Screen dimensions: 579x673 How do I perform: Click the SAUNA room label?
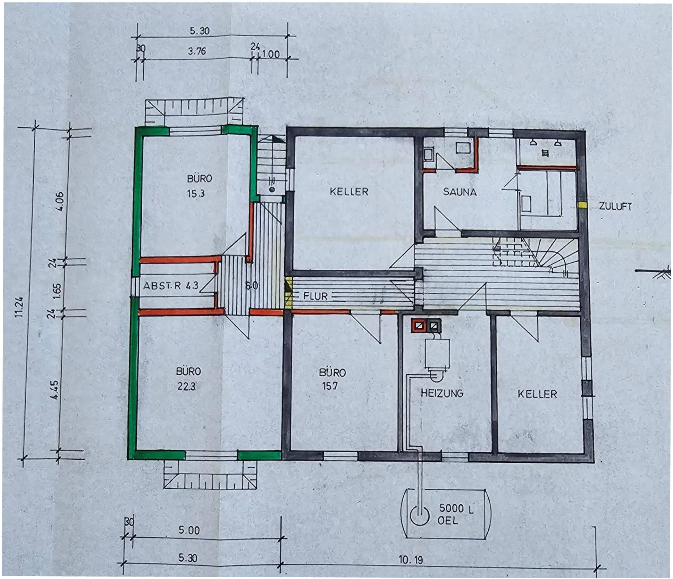(460, 192)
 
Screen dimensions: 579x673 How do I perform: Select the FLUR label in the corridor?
(315, 296)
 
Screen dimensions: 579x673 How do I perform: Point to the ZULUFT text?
(615, 206)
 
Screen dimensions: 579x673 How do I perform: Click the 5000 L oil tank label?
(456, 509)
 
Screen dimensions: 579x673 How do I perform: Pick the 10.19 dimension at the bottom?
(411, 560)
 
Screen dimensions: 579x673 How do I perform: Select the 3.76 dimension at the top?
(197, 51)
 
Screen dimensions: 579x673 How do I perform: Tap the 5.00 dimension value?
(189, 530)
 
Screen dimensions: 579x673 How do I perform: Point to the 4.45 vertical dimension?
(54, 390)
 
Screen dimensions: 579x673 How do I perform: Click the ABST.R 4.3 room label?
(171, 286)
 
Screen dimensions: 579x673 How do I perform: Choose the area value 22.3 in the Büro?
(186, 386)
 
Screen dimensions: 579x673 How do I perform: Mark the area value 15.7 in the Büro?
(330, 386)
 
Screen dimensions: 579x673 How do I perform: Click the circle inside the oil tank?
(420, 515)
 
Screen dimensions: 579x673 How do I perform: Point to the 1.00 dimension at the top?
(270, 54)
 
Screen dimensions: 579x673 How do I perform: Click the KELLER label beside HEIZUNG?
(537, 394)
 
